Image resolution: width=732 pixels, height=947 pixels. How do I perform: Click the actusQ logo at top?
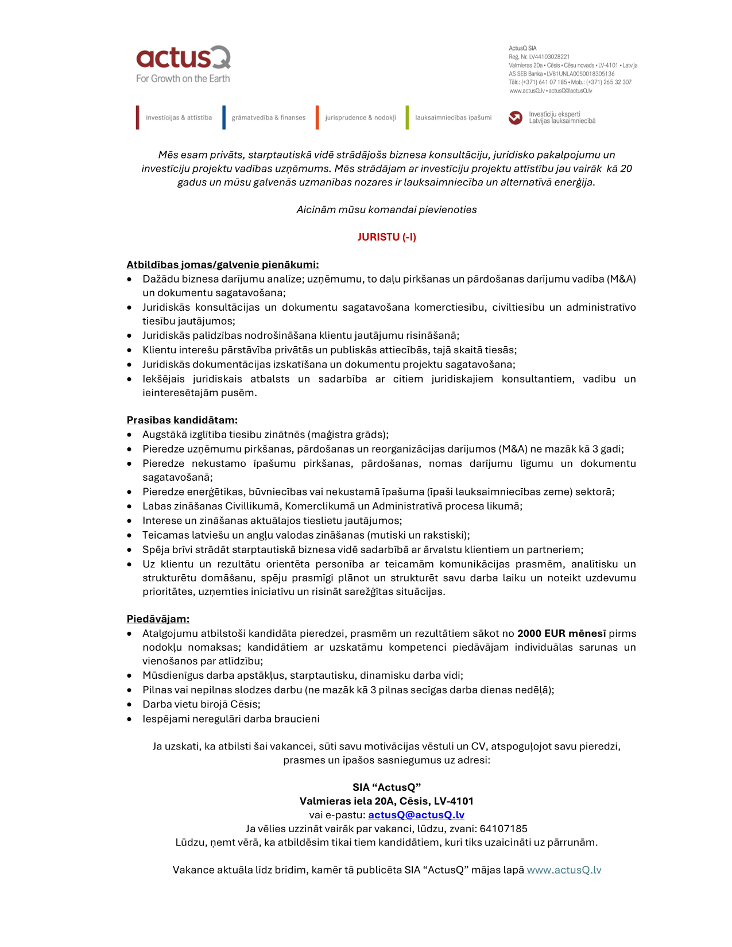point(183,58)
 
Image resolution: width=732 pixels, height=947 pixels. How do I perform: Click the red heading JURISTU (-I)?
point(386,237)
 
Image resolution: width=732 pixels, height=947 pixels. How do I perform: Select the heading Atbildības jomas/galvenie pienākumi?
point(222,265)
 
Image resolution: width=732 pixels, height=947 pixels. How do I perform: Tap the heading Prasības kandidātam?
point(182,420)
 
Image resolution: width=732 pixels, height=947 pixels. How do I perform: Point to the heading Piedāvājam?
point(158,619)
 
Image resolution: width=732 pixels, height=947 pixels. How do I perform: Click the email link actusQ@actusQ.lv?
point(416,815)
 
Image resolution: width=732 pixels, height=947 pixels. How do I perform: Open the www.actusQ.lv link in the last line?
point(564,870)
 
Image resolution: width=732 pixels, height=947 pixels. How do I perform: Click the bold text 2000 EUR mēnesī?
point(561,633)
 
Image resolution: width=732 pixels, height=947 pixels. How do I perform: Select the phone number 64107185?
point(503,829)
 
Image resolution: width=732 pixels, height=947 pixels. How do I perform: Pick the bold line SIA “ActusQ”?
point(386,787)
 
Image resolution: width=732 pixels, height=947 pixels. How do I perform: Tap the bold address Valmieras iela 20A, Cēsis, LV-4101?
point(386,801)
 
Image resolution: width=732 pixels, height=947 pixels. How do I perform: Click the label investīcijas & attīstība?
point(179,118)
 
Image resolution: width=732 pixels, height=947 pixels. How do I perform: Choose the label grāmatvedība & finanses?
point(268,118)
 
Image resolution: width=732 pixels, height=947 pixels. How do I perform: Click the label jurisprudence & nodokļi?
point(361,118)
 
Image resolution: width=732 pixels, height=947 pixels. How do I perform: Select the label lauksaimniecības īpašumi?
point(453,118)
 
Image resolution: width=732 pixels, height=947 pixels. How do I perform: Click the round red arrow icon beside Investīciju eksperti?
point(515,118)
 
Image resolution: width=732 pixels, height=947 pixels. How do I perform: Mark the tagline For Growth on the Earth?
point(183,79)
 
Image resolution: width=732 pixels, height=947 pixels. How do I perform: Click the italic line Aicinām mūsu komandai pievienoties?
point(386,210)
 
